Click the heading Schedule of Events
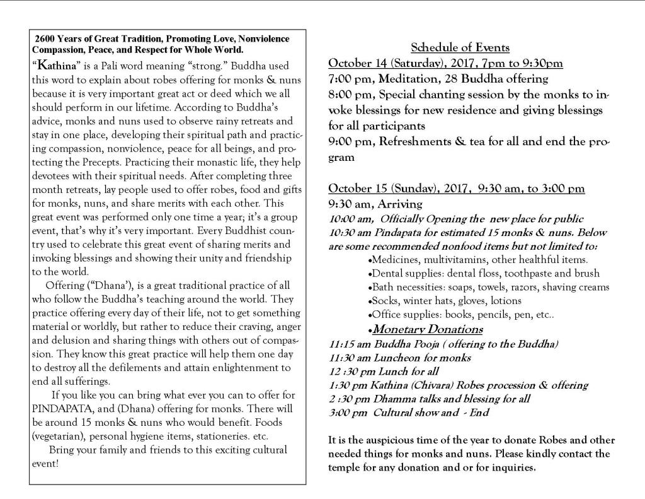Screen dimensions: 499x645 [x=460, y=48]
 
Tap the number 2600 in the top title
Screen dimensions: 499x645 [x=47, y=38]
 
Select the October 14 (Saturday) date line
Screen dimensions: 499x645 [x=445, y=63]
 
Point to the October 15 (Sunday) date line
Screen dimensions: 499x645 [x=457, y=189]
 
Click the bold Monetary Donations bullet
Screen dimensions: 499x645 [x=428, y=329]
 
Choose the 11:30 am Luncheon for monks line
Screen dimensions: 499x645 [x=391, y=358]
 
